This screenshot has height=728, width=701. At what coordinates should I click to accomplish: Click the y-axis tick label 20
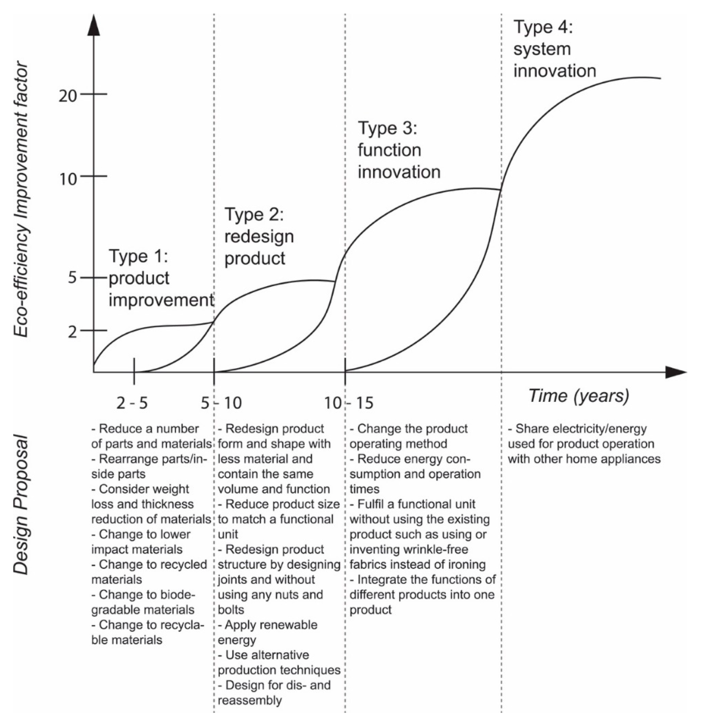click(x=67, y=96)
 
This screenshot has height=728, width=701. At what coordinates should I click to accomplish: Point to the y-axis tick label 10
click(x=67, y=179)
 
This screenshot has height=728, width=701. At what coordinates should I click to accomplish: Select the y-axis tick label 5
click(x=72, y=278)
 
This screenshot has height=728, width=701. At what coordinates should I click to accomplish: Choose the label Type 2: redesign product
click(x=259, y=237)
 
